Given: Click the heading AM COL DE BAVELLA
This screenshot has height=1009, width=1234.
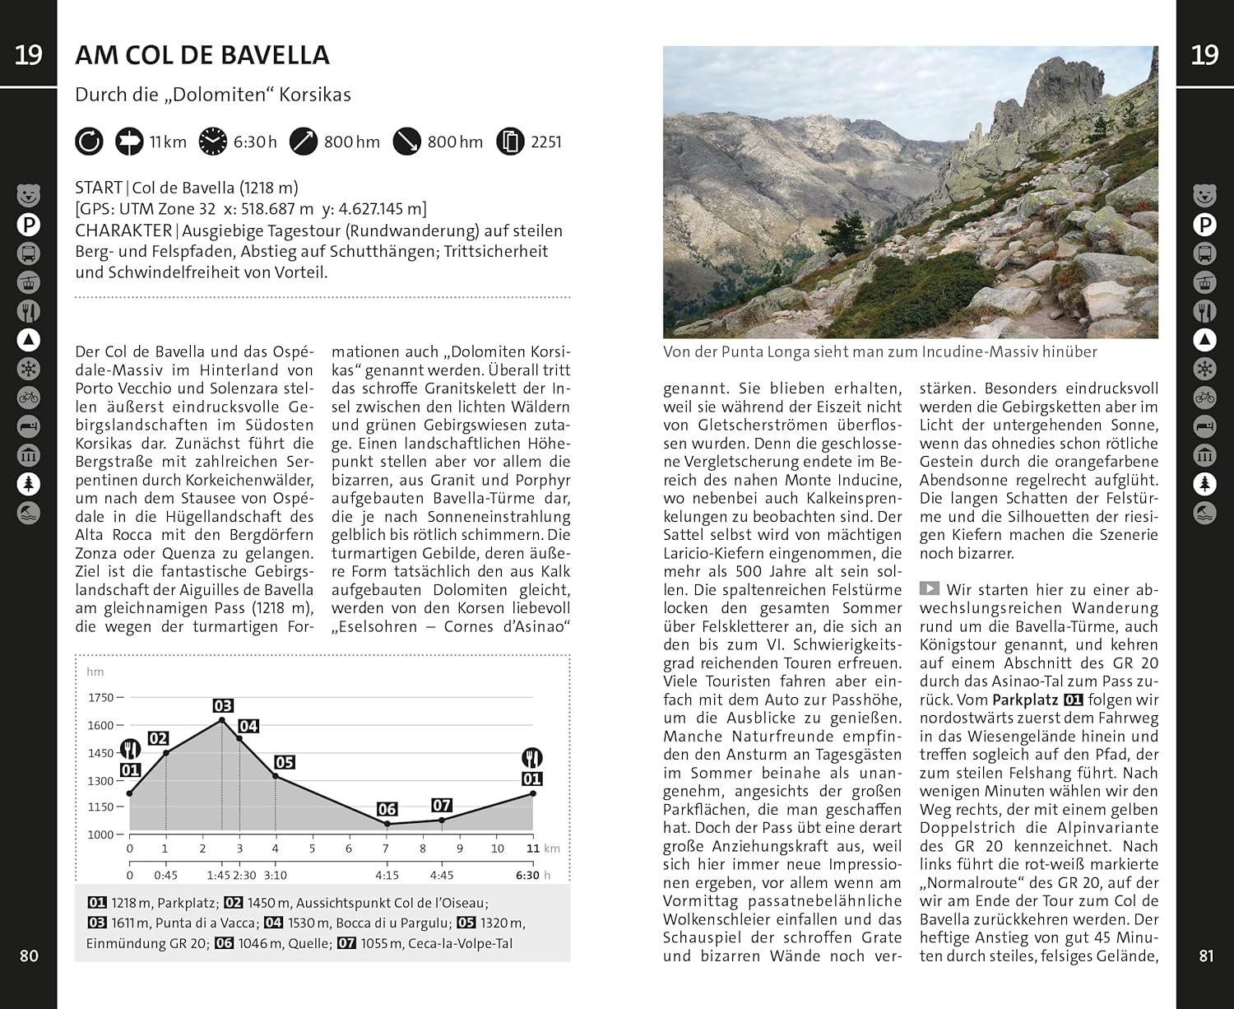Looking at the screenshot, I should (x=202, y=55).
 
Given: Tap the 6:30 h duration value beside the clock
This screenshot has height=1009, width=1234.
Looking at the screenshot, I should (x=255, y=142).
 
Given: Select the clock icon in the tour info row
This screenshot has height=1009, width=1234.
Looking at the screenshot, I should (x=212, y=142).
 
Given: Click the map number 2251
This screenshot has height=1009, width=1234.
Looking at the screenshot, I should (x=546, y=142).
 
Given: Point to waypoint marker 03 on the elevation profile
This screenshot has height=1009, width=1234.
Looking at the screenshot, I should (x=223, y=705).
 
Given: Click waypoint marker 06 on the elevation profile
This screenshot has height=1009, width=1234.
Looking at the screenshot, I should (x=387, y=809).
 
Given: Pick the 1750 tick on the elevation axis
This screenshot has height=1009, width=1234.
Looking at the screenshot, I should (x=101, y=697).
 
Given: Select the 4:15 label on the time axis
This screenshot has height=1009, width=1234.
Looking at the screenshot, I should (x=387, y=875).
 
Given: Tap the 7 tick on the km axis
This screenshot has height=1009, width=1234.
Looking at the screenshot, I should (x=386, y=849).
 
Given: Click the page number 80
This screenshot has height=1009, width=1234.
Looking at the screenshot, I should (x=29, y=956).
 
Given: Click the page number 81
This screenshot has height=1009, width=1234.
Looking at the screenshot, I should (x=1206, y=956).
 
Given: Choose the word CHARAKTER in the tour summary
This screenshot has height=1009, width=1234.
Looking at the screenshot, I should (x=123, y=231).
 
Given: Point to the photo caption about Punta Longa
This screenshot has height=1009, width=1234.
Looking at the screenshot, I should (x=880, y=352).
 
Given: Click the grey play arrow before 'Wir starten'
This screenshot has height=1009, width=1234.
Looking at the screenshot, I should (x=930, y=588).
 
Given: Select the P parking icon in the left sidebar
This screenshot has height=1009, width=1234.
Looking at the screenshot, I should (x=29, y=225).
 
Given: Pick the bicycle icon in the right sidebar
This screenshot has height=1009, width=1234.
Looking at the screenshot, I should (x=1205, y=398).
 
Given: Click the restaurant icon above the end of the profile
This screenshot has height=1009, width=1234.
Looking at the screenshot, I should (x=532, y=757).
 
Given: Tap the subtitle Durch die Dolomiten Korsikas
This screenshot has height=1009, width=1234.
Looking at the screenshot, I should (x=213, y=95).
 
